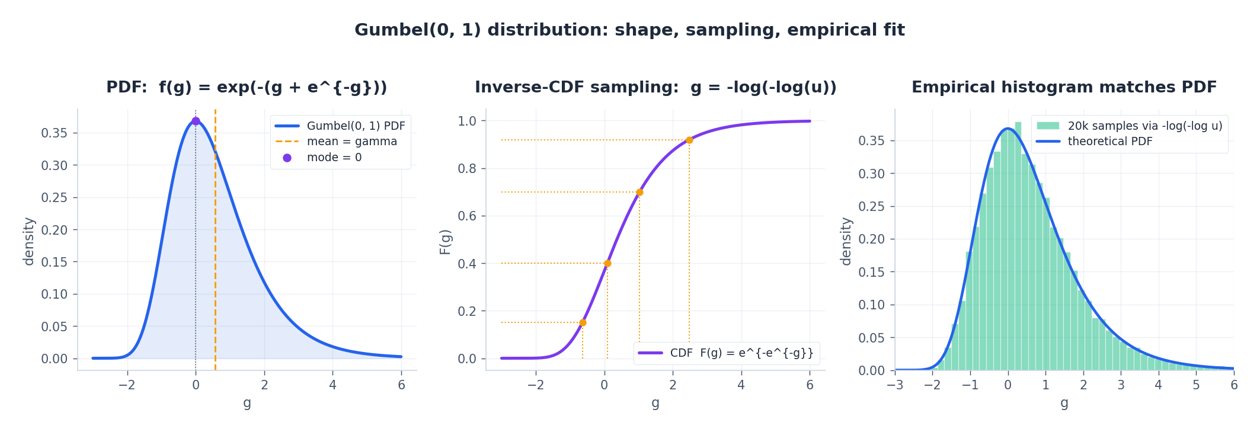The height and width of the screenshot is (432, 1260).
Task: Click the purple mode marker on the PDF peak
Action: coord(196,121)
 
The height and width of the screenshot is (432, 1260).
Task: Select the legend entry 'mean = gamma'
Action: coord(351,142)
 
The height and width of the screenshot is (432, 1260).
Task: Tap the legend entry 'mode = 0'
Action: coord(334,158)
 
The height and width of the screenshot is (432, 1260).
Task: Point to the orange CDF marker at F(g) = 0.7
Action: coord(639,192)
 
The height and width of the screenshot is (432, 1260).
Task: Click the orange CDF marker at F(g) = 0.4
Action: coord(607,263)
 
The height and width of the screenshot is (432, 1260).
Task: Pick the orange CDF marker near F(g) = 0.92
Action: coord(689,140)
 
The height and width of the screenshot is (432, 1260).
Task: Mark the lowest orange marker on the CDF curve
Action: coord(583,322)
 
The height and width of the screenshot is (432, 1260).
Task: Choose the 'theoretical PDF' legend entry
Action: coord(1109,142)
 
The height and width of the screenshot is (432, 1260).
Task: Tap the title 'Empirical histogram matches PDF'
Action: coord(1064,87)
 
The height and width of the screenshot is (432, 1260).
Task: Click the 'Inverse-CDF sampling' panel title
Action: coord(655,87)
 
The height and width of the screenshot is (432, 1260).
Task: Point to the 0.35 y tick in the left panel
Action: coord(54,133)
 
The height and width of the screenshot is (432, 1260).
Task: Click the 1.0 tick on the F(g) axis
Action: coord(467,121)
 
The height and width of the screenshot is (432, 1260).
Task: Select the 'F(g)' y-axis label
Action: coord(445,242)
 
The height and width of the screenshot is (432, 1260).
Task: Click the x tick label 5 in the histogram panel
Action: coord(1196,385)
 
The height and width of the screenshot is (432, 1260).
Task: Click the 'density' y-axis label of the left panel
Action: coord(29,241)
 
